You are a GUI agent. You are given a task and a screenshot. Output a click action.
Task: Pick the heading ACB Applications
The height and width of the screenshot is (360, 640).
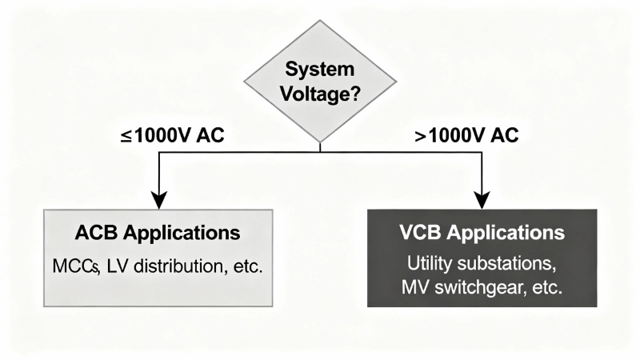click(158, 234)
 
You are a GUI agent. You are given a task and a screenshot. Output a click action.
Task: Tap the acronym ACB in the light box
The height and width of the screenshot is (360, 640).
click(94, 234)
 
